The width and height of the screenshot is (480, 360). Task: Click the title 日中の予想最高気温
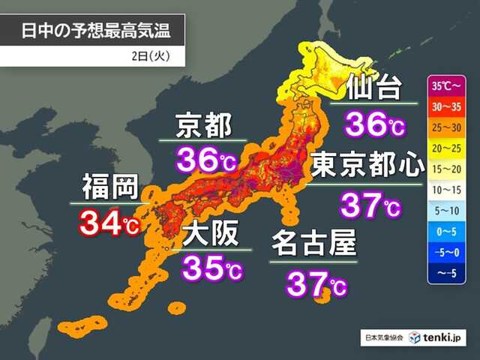[91, 31]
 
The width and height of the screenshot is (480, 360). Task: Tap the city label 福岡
[106, 187]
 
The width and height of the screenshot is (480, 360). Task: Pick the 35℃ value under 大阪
[212, 268]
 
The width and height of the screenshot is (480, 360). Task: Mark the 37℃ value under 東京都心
[370, 202]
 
